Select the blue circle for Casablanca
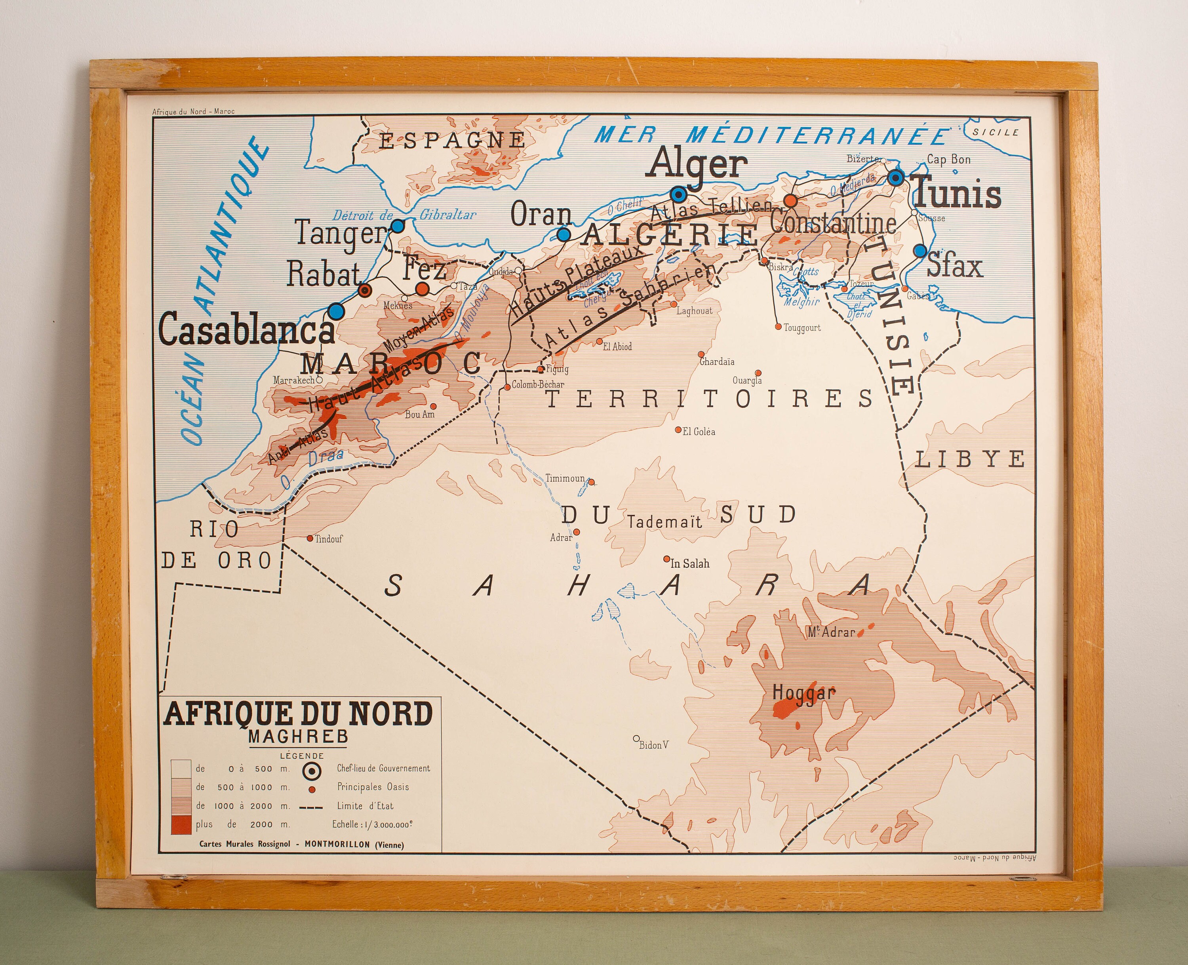tap(336, 311)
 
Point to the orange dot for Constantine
tap(790, 201)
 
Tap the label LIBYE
tap(969, 459)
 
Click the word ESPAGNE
tap(451, 140)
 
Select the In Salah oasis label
tap(690, 563)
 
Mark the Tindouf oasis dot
tap(310, 538)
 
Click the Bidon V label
tap(653, 745)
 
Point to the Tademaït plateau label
tap(665, 522)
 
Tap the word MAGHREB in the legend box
tap(299, 737)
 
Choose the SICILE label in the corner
tap(996, 132)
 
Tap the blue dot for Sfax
tap(920, 251)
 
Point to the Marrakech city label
tap(293, 380)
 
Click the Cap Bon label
tap(948, 160)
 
